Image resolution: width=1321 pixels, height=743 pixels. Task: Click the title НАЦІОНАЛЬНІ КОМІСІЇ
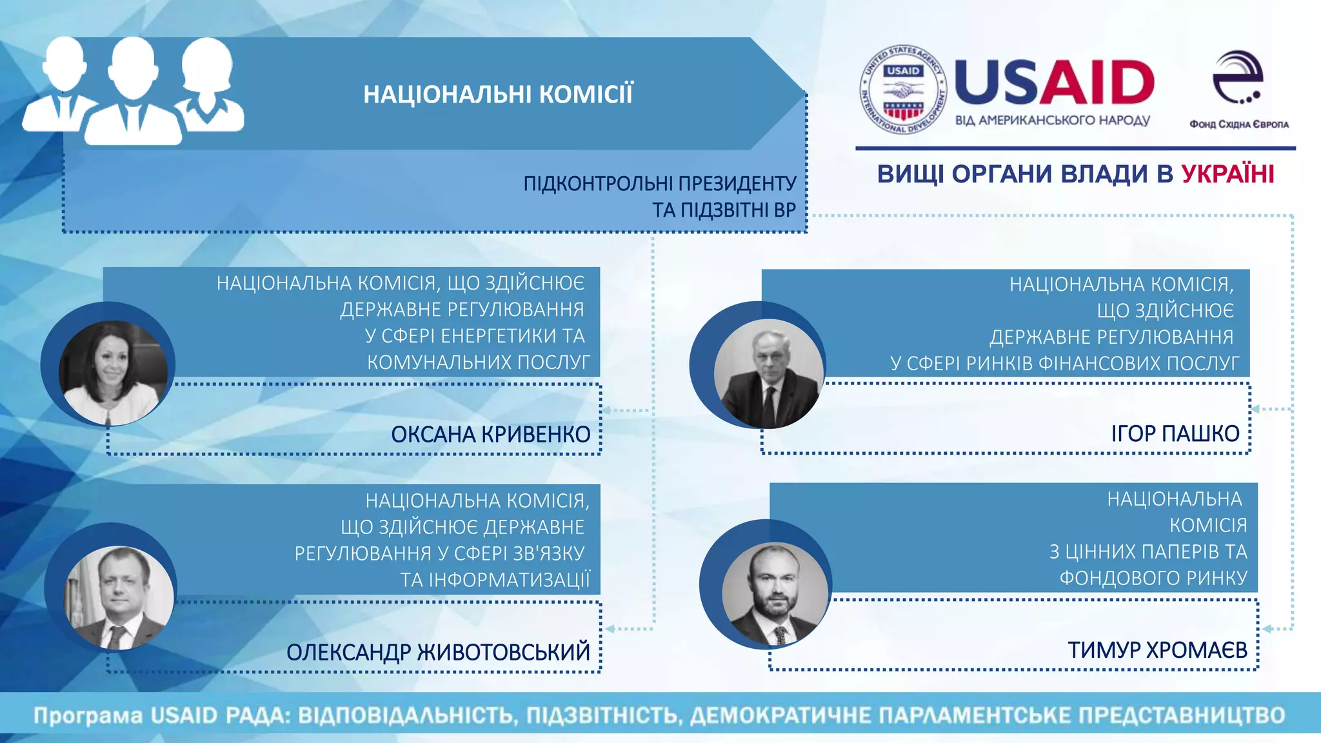click(498, 94)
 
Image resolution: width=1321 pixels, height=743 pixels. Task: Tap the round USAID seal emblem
click(903, 90)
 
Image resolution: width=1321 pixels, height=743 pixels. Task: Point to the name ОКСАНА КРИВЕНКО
click(490, 434)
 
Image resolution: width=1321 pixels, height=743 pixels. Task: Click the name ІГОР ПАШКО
click(1175, 433)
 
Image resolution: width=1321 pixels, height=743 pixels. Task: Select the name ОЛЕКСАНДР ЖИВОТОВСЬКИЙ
click(438, 652)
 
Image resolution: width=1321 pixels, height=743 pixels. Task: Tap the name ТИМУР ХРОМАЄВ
click(1157, 649)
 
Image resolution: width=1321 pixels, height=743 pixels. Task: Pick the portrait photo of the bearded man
click(775, 593)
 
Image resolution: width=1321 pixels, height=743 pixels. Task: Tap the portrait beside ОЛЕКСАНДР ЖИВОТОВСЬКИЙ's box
click(119, 597)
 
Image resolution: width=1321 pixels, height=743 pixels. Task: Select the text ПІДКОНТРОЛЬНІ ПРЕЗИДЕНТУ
click(659, 184)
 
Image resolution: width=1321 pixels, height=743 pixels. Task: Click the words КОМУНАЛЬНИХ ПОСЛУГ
click(478, 362)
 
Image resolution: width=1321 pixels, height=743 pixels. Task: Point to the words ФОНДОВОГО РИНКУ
click(1153, 577)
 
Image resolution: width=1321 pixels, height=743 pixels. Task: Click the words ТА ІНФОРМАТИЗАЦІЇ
click(495, 579)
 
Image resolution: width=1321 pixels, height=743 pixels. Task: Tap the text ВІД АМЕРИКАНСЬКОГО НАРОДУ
click(1052, 121)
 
